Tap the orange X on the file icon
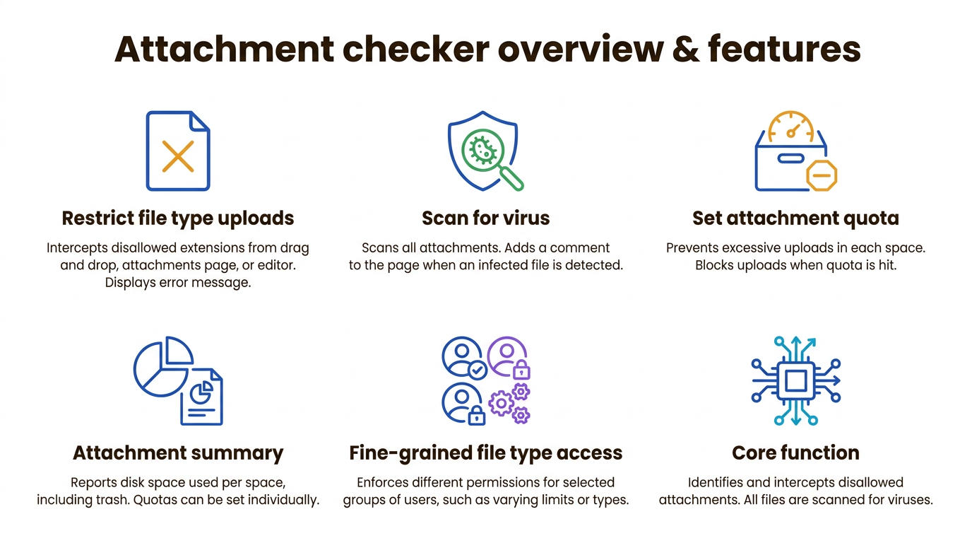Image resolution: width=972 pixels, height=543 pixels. pyautogui.click(x=178, y=156)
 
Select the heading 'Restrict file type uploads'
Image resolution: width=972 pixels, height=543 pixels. pyautogui.click(x=178, y=218)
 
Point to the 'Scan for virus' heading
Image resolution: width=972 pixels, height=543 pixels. pyautogui.click(x=485, y=218)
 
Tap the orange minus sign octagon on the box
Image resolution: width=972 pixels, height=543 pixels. pyautogui.click(x=822, y=175)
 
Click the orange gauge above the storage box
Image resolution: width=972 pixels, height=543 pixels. pyautogui.click(x=790, y=126)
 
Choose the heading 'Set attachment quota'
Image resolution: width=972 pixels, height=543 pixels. pyautogui.click(x=795, y=218)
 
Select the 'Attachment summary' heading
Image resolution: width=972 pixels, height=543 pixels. pyautogui.click(x=178, y=453)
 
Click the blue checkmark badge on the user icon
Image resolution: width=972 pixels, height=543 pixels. pyautogui.click(x=478, y=370)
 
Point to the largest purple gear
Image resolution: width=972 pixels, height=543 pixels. pyautogui.click(x=502, y=403)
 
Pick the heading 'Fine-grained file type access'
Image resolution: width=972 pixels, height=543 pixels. pyautogui.click(x=485, y=453)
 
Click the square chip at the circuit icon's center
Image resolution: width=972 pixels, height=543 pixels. pyautogui.click(x=795, y=381)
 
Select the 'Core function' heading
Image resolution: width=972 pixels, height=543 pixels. pyautogui.click(x=795, y=453)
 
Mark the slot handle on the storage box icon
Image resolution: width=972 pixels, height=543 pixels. pyautogui.click(x=790, y=158)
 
